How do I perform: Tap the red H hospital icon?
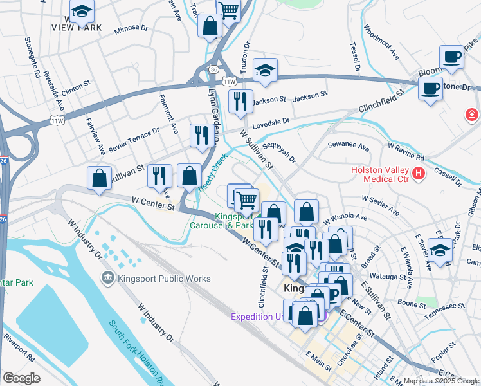click(x=419, y=172)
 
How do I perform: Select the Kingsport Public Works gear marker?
click(x=107, y=278)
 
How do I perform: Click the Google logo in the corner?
click(x=21, y=378)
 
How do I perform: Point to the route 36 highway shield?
click(x=213, y=69)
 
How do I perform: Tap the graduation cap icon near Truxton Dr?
click(x=264, y=71)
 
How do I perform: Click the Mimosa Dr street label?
click(x=131, y=30)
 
